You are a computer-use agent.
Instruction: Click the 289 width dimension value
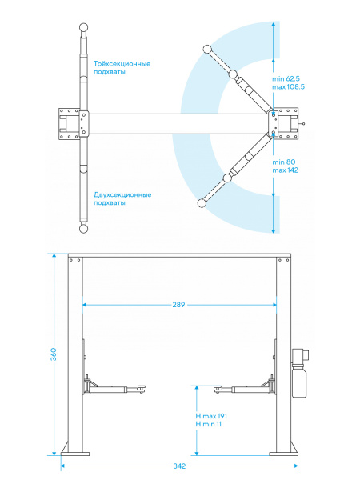click(178, 305)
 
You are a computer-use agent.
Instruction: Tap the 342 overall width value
click(179, 466)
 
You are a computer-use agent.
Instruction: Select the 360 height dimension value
click(54, 354)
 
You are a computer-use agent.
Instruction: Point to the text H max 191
click(211, 416)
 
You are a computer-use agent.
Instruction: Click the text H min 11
click(209, 424)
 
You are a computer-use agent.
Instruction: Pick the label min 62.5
click(286, 79)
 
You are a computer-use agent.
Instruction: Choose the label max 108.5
click(288, 87)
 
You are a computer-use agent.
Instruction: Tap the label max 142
click(285, 170)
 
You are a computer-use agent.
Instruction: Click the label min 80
click(284, 162)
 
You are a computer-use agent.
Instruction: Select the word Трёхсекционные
click(122, 64)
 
